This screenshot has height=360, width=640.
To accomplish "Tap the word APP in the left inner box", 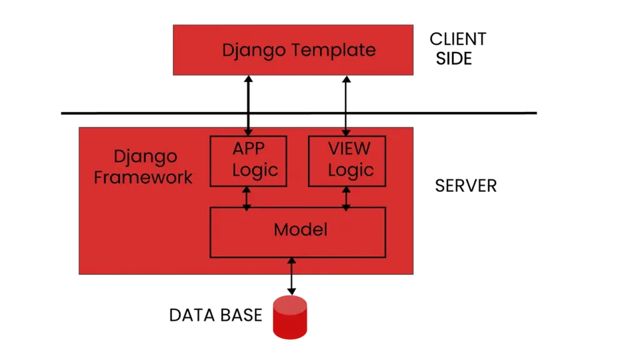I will [x=248, y=149].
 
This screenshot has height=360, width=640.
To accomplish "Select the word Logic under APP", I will [x=255, y=171].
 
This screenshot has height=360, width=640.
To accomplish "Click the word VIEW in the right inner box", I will [x=349, y=149].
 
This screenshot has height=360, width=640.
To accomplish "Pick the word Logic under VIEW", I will [x=351, y=171].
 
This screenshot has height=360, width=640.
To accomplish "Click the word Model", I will [x=300, y=230].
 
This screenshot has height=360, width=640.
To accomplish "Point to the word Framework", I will [x=143, y=177].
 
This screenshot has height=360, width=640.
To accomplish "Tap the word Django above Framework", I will [x=145, y=157].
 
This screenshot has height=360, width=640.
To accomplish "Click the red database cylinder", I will [x=290, y=319].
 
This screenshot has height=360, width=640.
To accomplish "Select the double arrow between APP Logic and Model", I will [x=247, y=197].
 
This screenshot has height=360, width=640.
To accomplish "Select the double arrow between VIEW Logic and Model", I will [x=346, y=197].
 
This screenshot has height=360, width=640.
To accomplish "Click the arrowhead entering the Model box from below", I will [x=291, y=260].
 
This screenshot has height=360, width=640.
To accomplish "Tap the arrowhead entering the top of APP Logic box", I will [x=248, y=132].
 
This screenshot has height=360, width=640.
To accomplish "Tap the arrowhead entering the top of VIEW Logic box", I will [x=346, y=132].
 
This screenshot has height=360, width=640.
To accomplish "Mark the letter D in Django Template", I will [x=227, y=50].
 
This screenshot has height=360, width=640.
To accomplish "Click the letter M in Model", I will [x=281, y=230].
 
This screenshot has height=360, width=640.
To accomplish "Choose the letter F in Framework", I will [x=99, y=177].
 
